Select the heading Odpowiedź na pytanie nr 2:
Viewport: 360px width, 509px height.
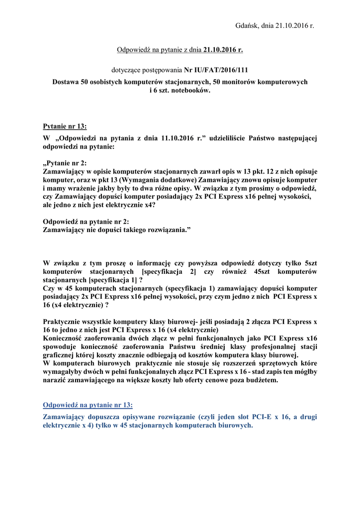pyautogui.click(x=87, y=221)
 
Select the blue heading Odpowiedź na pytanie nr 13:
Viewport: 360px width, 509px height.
pyautogui.click(x=88, y=405)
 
